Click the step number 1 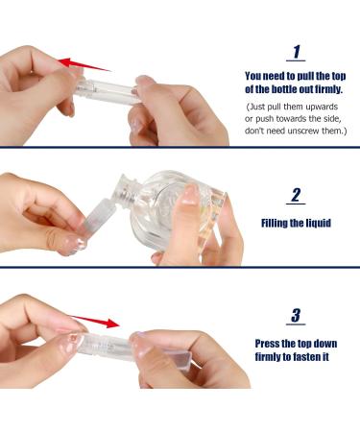click(297, 51)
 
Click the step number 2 click(297, 196)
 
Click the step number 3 click(297, 315)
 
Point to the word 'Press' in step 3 click(270, 343)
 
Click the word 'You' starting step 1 click(253, 75)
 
